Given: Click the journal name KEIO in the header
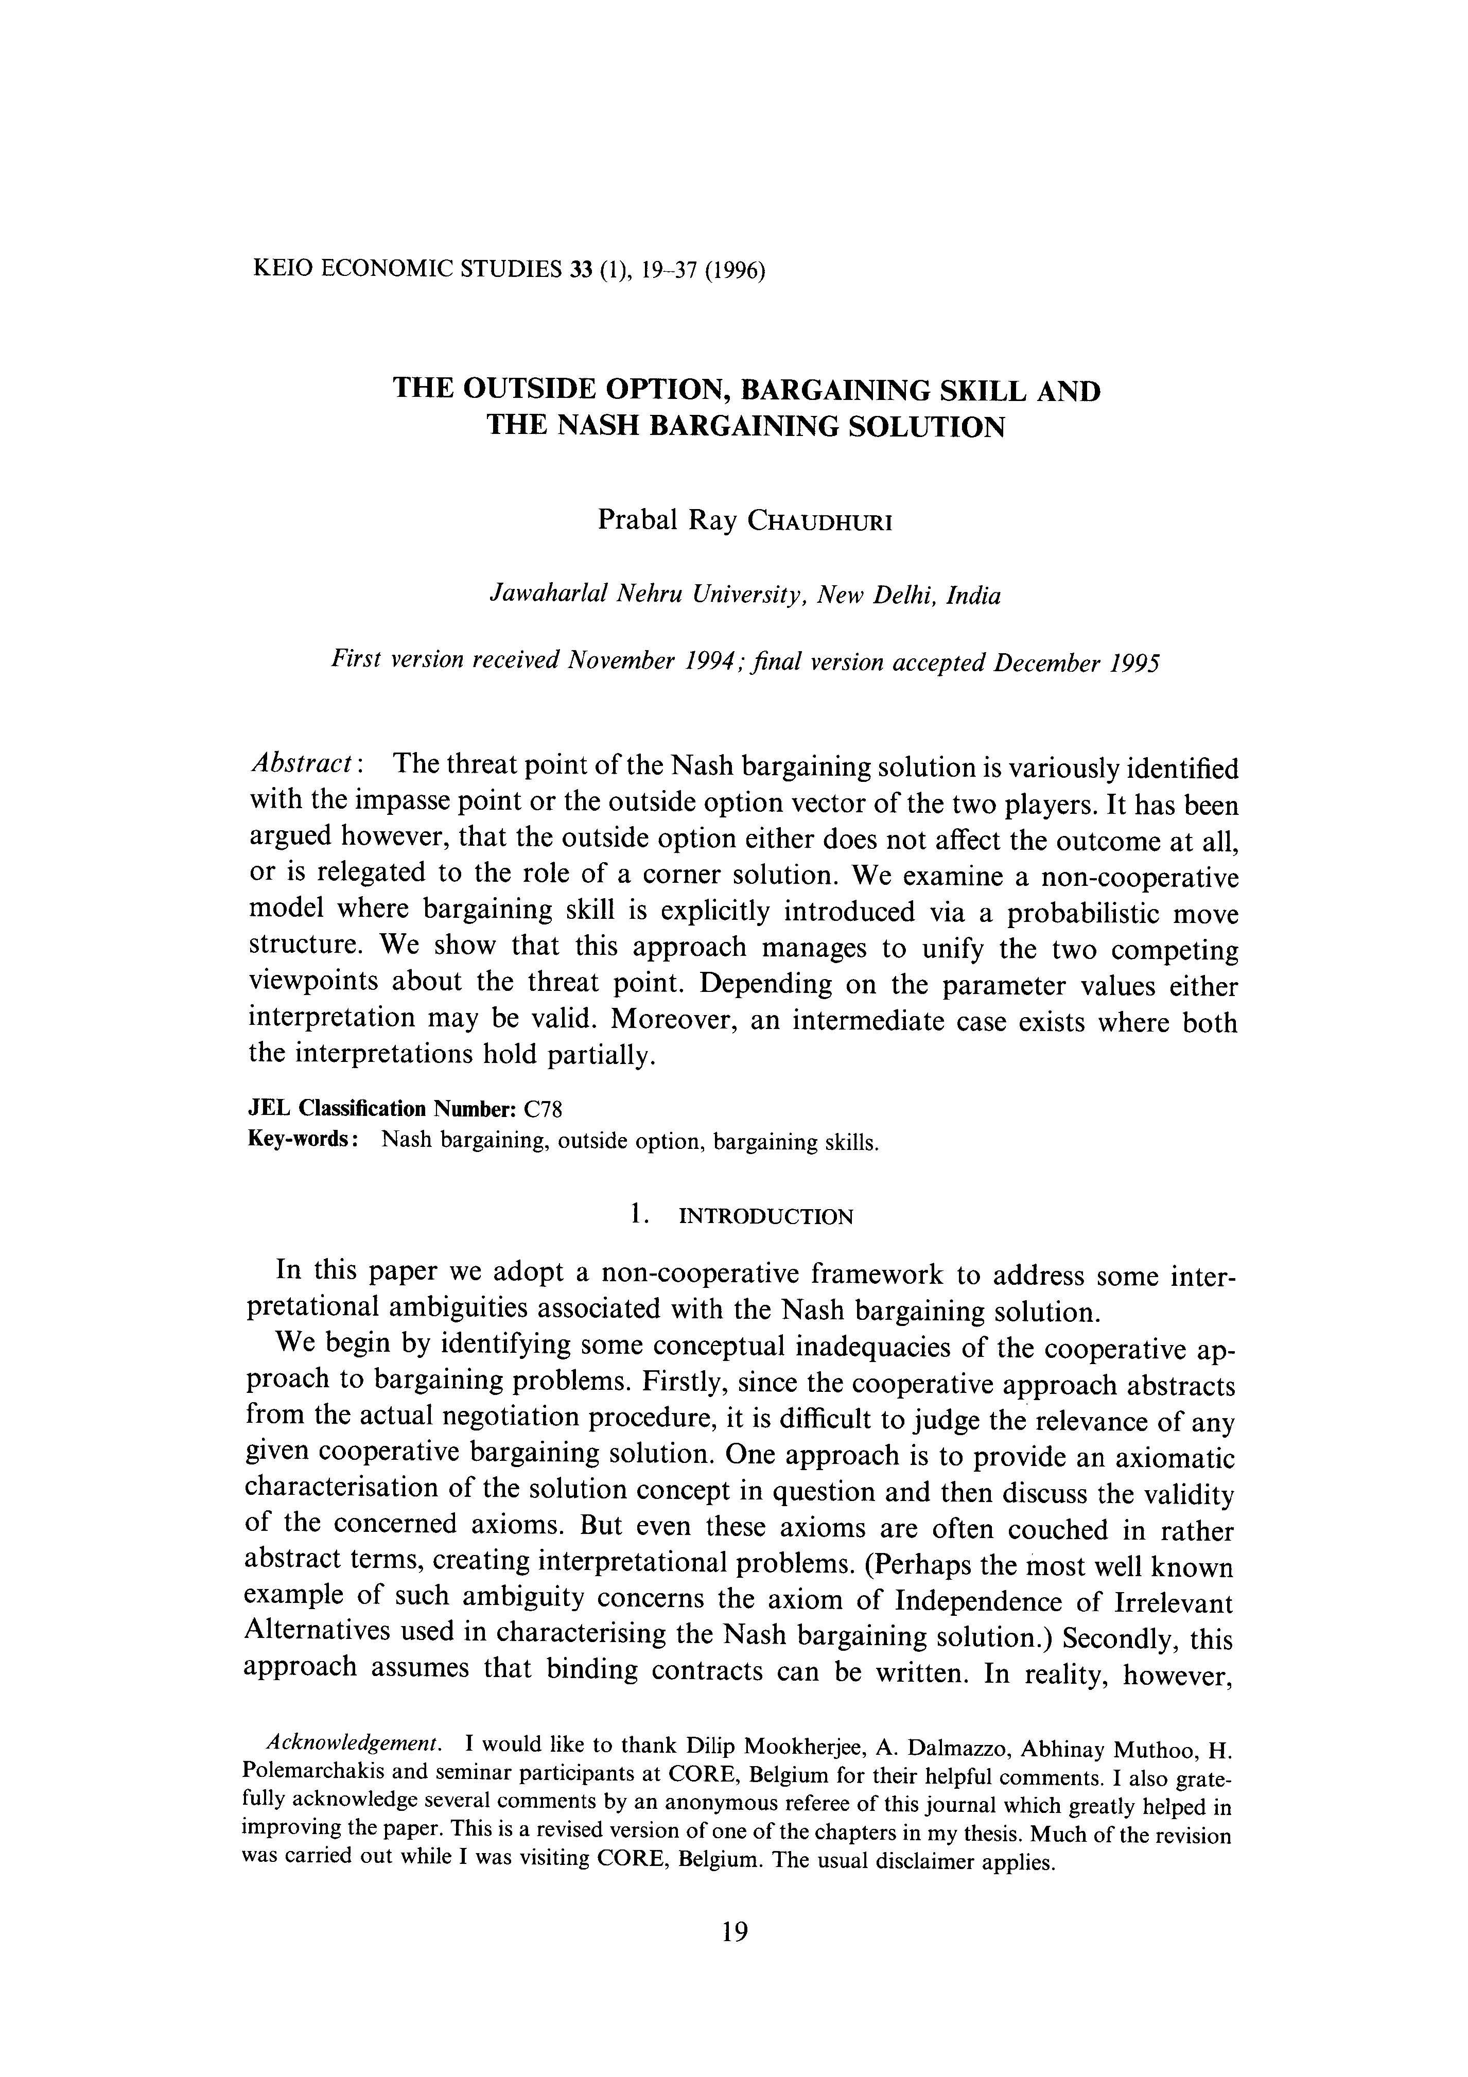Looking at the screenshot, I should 283,270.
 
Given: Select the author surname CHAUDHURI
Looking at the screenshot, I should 819,523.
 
